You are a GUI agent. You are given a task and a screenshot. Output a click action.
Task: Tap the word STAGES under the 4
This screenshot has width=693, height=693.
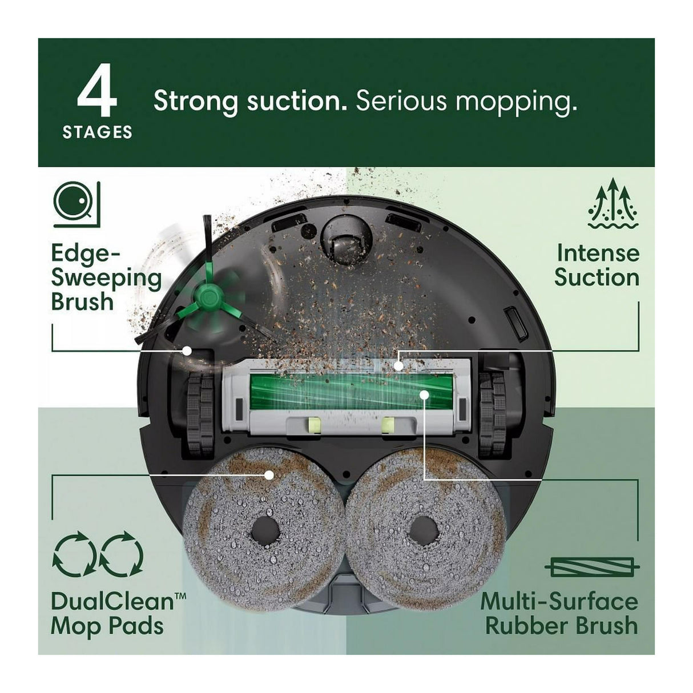click(x=97, y=132)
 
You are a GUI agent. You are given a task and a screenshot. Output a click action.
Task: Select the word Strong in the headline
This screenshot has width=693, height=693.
click(x=195, y=102)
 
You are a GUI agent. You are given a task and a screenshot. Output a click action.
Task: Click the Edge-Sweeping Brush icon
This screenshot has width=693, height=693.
click(x=76, y=204)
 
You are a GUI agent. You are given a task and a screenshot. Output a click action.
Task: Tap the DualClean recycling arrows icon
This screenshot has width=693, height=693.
click(x=98, y=553)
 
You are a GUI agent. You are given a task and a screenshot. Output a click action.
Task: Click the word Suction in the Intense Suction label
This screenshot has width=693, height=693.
click(x=597, y=278)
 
